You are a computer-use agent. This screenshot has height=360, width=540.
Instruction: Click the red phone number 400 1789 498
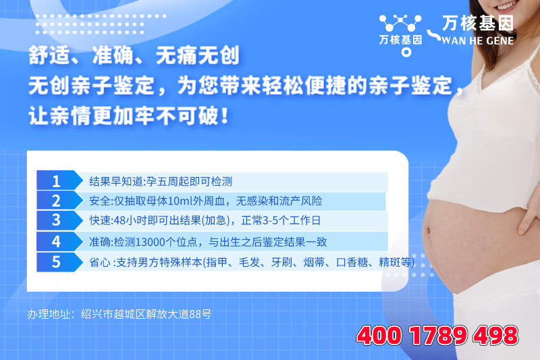click(437, 336)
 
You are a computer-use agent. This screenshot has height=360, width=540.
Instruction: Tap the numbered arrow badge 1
click(59, 180)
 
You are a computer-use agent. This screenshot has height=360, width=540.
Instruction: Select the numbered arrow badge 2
click(59, 201)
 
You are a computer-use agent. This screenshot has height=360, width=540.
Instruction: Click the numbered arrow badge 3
click(59, 220)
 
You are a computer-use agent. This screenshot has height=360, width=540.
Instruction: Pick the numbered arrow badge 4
click(59, 241)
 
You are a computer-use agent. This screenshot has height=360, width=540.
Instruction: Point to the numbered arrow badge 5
click(59, 262)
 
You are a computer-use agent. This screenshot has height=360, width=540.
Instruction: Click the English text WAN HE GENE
click(478, 41)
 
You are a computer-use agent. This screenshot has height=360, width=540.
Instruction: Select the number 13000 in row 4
click(150, 242)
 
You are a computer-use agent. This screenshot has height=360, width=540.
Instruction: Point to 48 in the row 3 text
click(119, 220)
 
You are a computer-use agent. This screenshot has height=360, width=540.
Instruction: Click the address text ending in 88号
click(119, 314)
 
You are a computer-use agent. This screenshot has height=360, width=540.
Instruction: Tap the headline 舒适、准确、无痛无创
click(134, 55)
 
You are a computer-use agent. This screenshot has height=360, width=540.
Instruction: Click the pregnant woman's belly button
click(428, 231)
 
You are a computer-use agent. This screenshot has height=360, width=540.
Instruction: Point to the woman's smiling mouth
click(506, 6)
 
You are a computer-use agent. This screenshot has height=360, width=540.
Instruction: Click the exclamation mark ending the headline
click(225, 115)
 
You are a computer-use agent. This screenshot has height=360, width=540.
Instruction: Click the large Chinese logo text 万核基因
click(478, 24)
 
